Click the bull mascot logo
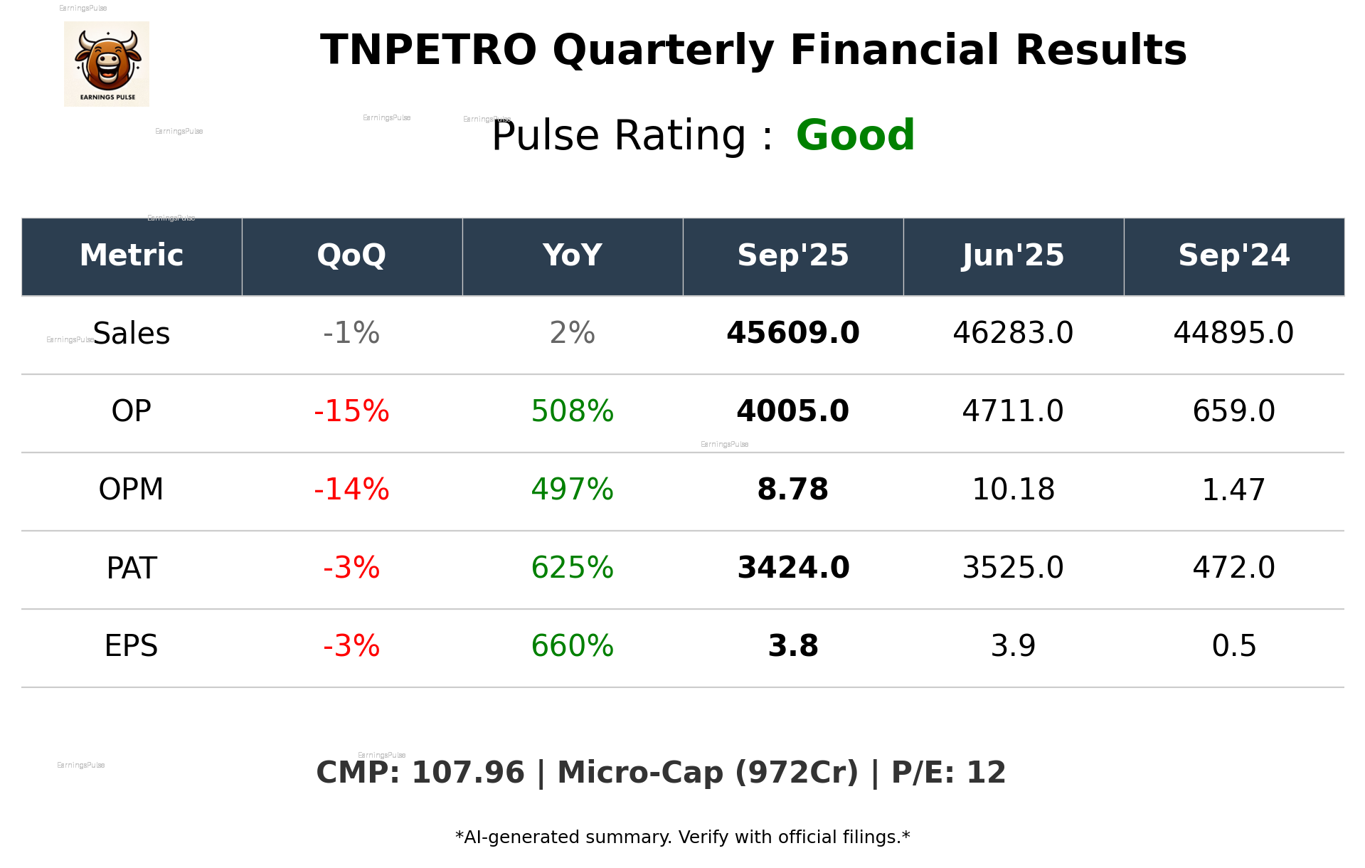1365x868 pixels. [x=107, y=64]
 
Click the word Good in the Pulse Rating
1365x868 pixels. [x=855, y=135]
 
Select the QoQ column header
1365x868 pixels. [x=351, y=255]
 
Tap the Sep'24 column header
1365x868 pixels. [x=1233, y=255]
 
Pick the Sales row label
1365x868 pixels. [x=132, y=334]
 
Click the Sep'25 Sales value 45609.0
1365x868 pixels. [x=792, y=334]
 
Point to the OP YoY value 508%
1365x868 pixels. [x=572, y=411]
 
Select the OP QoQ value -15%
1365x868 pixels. [x=351, y=411]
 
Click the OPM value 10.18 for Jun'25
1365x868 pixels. [x=1013, y=489]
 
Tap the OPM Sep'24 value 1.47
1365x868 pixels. [x=1233, y=489]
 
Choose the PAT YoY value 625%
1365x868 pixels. [x=572, y=568]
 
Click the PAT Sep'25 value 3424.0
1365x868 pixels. [x=792, y=568]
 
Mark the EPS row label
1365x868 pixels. [x=132, y=646]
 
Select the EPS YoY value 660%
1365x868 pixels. [x=572, y=646]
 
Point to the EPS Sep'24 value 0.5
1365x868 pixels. [x=1233, y=646]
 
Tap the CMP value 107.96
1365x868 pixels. [x=467, y=773]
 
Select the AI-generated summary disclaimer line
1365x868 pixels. [x=682, y=837]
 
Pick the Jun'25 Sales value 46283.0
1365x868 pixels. [x=1013, y=334]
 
